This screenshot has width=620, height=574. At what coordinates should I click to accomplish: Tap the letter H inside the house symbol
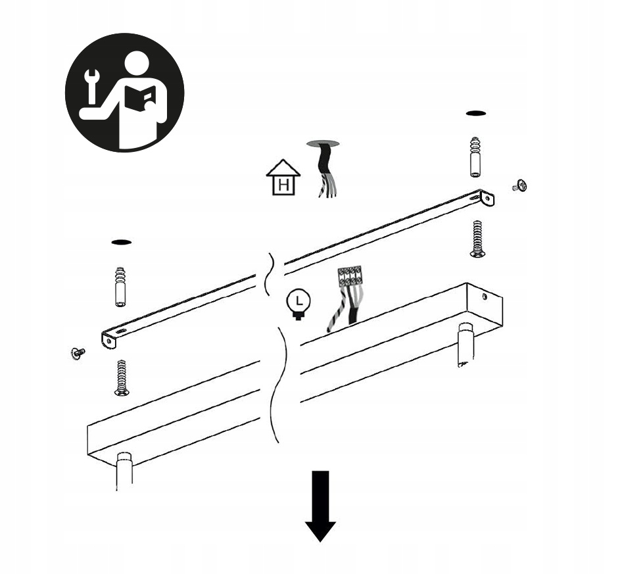pyautogui.click(x=283, y=185)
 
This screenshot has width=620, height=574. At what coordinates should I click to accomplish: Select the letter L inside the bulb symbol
pyautogui.click(x=299, y=300)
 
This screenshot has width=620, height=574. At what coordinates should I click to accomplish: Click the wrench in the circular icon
pyautogui.click(x=92, y=86)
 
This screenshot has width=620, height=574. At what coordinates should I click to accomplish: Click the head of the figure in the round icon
pyautogui.click(x=136, y=64)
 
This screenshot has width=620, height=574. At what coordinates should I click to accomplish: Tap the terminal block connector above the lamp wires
pyautogui.click(x=350, y=275)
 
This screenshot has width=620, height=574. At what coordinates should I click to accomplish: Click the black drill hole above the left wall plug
pyautogui.click(x=122, y=242)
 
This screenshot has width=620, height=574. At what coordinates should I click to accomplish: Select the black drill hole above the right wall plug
pyautogui.click(x=475, y=114)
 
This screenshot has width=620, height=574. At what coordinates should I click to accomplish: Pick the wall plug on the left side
pyautogui.click(x=120, y=287)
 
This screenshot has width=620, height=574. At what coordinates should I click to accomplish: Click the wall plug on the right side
pyautogui.click(x=475, y=157)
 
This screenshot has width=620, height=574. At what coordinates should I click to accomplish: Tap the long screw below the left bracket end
pyautogui.click(x=122, y=377)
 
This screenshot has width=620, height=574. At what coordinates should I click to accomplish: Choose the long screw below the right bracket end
pyautogui.click(x=477, y=239)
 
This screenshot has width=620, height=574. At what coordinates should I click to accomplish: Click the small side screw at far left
pyautogui.click(x=78, y=353)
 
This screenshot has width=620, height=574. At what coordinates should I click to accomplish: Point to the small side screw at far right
pyautogui.click(x=520, y=186)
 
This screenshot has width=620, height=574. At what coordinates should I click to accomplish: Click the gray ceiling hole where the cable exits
pyautogui.click(x=323, y=143)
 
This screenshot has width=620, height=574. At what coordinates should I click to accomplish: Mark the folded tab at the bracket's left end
pyautogui.click(x=108, y=340)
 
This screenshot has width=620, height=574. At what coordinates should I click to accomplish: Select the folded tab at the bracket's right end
pyautogui.click(x=488, y=198)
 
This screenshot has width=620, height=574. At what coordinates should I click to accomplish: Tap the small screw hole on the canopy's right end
pyautogui.click(x=485, y=297)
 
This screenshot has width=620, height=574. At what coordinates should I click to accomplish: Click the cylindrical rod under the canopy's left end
pyautogui.click(x=124, y=471)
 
